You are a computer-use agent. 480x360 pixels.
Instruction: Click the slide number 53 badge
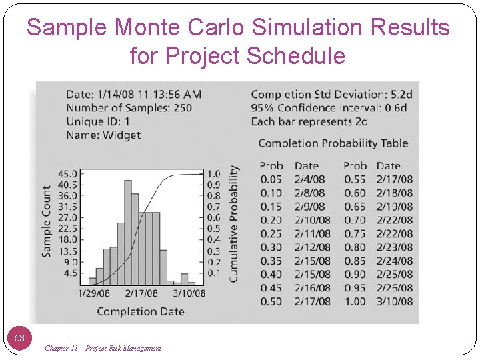pyautogui.click(x=20, y=338)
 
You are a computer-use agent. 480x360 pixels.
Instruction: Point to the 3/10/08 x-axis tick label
pyautogui.click(x=189, y=293)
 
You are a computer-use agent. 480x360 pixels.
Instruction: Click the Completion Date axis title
pyautogui.click(x=141, y=311)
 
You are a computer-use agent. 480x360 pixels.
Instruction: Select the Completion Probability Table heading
pyautogui.click(x=333, y=143)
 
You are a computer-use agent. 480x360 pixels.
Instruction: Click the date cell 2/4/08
pyautogui.click(x=310, y=179)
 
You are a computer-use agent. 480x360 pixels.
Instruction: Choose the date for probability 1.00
pyautogui.click(x=394, y=301)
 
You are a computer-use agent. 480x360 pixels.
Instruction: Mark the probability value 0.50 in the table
pyautogui.click(x=271, y=301)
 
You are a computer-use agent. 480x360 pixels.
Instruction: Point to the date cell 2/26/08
pyautogui.click(x=394, y=288)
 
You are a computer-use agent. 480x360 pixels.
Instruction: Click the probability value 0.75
pyautogui.click(x=355, y=233)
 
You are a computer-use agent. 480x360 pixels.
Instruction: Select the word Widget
pyautogui.click(x=122, y=135)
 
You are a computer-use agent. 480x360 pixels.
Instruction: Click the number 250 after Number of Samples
pyautogui.click(x=182, y=108)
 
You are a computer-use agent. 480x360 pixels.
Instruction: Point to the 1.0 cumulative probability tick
pyautogui.click(x=213, y=174)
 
